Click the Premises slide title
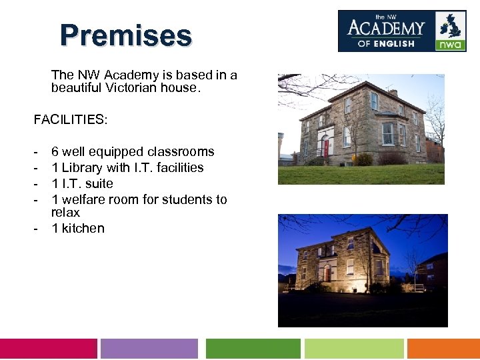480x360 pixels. pyautogui.click(x=125, y=35)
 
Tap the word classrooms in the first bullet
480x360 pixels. pyautogui.click(x=181, y=151)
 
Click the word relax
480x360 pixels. pyautogui.click(x=65, y=213)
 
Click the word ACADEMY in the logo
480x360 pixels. pyautogui.click(x=386, y=28)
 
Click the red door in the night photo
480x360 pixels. pyautogui.click(x=327, y=273)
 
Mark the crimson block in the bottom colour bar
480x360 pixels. pyautogui.click(x=48, y=349)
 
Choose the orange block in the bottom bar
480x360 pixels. pyautogui.click(x=443, y=349)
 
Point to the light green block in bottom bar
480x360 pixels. pyautogui.click(x=354, y=349)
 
